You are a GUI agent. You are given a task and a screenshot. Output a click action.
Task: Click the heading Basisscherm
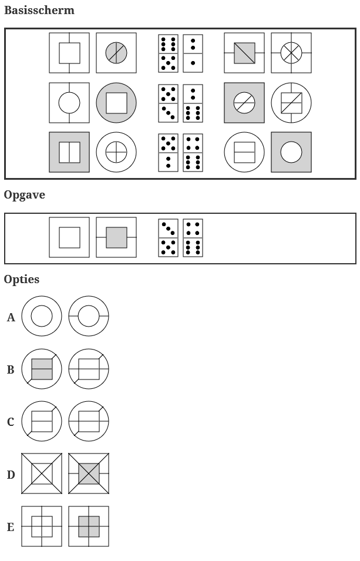pos(39,11)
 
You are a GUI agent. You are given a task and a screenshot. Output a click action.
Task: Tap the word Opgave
pos(25,195)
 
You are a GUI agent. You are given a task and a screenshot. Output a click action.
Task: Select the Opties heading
pos(22,279)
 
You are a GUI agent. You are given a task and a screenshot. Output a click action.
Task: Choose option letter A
pos(11,318)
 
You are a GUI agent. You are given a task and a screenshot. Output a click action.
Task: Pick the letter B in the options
pos(11,370)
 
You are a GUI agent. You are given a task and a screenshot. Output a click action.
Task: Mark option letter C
pos(11,422)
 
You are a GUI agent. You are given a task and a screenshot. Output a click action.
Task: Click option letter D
pos(11,475)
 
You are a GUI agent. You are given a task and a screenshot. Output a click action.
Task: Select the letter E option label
pos(11,527)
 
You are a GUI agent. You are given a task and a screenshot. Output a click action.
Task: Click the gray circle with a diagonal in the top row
pos(116,53)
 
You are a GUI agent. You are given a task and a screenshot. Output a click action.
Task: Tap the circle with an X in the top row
pos(291,53)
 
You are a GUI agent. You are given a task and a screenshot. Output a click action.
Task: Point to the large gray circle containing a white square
pos(116,103)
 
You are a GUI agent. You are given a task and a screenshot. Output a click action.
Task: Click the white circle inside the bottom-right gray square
pos(291,152)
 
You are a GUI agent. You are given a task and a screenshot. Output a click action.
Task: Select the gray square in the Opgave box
pos(116,237)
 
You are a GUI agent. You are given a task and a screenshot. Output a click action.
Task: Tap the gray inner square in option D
pos(89,473)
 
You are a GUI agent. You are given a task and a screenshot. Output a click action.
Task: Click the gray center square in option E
pos(89,526)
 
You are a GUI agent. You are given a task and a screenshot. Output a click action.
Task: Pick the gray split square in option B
pos(42,369)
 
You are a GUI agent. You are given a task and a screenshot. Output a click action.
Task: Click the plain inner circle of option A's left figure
pos(42,316)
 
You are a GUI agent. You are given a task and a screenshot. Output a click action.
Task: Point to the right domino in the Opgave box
pos(193,238)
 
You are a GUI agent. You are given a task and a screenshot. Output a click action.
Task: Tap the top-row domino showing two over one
pos(193,53)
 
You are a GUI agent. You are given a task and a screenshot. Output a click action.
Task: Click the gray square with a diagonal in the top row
pos(244,53)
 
